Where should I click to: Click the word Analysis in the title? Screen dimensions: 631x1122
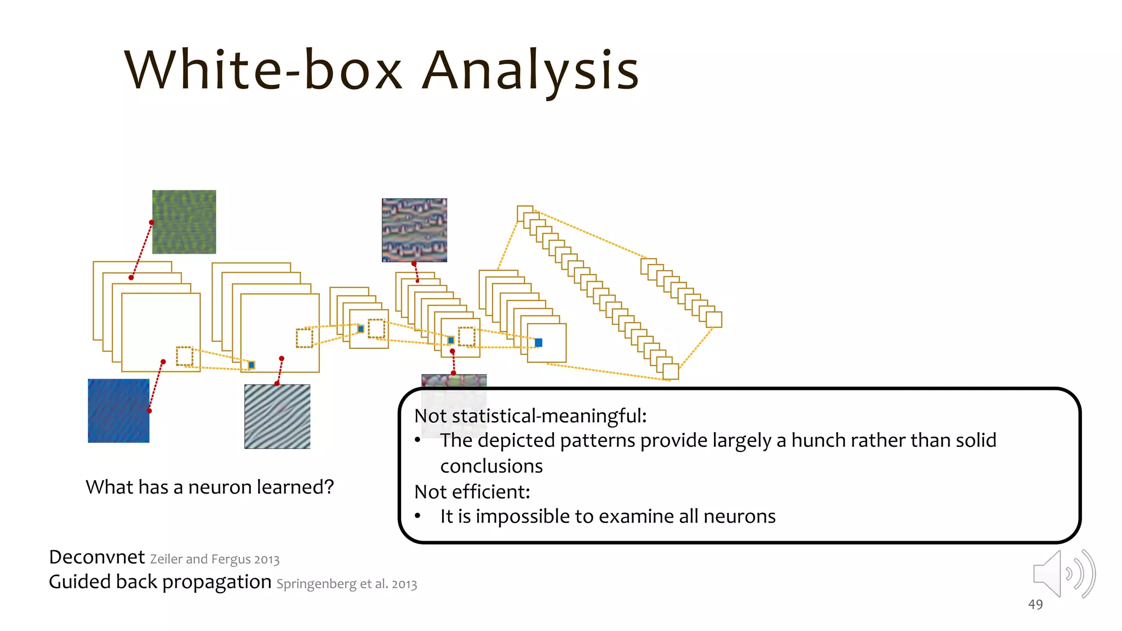tap(530, 71)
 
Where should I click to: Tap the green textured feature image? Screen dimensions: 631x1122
tap(184, 222)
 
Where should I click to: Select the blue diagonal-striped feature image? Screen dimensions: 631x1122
tap(118, 411)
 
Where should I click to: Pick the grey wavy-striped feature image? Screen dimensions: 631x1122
tap(277, 417)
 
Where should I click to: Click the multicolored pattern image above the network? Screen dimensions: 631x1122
tap(414, 230)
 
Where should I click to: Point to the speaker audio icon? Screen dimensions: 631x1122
tap(1063, 574)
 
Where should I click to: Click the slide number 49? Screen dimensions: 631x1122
tap(1035, 605)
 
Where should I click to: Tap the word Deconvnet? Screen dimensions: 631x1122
tap(97, 557)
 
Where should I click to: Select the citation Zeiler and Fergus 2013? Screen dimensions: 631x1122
tap(215, 559)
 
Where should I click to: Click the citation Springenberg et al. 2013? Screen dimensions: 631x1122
tap(347, 584)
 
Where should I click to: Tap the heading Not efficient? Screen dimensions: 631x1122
tap(472, 492)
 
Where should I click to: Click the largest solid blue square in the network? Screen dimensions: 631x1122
tap(539, 343)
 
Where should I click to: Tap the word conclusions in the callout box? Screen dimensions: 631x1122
tap(491, 466)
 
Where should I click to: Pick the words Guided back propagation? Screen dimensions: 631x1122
tap(160, 582)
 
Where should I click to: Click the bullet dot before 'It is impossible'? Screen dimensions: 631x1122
tap(418, 516)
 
